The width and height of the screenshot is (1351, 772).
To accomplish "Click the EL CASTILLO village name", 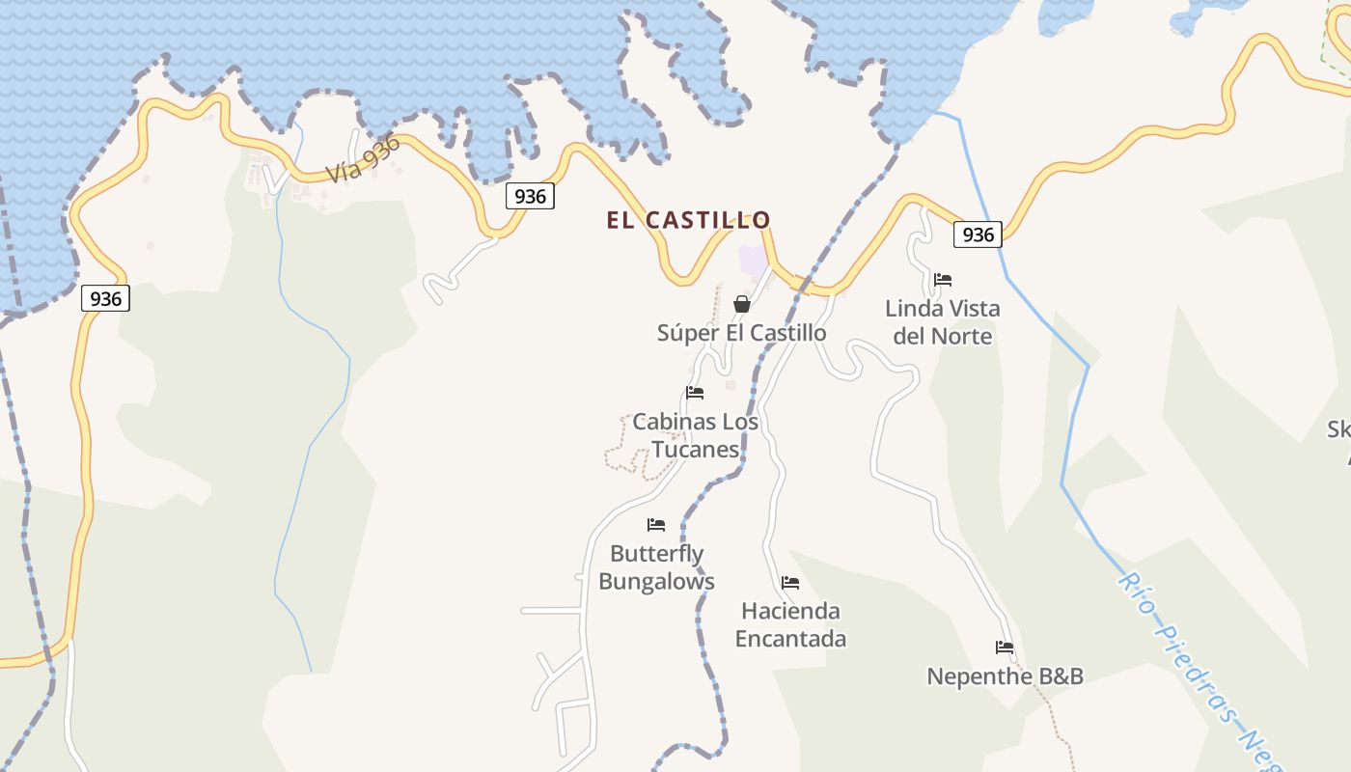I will pyautogui.click(x=688, y=220).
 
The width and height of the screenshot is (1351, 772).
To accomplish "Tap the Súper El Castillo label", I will pyautogui.click(x=741, y=333).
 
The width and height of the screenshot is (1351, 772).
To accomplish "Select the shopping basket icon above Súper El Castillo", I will pyautogui.click(x=741, y=304).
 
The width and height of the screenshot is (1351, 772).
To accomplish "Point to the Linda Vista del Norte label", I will pyautogui.click(x=942, y=322).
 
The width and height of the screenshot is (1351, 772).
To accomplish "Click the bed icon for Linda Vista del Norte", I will pyautogui.click(x=943, y=280).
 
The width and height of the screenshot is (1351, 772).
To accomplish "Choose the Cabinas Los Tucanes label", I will pyautogui.click(x=695, y=435).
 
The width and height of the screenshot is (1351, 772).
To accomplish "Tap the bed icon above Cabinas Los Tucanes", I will pyautogui.click(x=695, y=393).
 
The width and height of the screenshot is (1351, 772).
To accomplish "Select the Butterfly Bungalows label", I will pyautogui.click(x=656, y=567).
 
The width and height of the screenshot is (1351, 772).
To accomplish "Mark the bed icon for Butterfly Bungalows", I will pyautogui.click(x=656, y=525).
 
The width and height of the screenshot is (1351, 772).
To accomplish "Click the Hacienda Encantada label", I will pyautogui.click(x=790, y=624).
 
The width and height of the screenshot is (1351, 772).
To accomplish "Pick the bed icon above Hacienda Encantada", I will pyautogui.click(x=790, y=583).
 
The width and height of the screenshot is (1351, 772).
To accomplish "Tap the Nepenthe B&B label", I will pyautogui.click(x=1005, y=676).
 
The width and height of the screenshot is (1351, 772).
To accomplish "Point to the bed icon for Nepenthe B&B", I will pyautogui.click(x=1005, y=648).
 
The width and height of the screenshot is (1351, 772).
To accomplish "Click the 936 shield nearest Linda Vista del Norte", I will pyautogui.click(x=978, y=234).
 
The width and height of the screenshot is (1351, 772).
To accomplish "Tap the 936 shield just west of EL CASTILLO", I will pyautogui.click(x=530, y=197).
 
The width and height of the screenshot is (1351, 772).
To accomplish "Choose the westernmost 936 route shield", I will pyautogui.click(x=105, y=299).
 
